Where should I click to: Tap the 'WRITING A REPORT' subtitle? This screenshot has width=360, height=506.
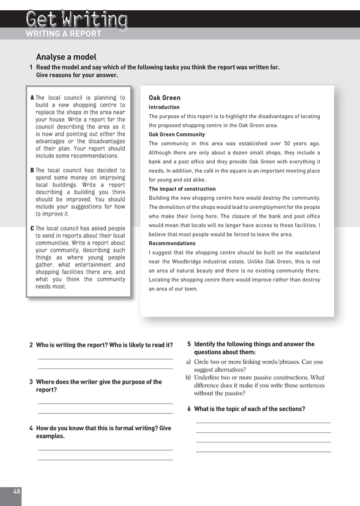64,34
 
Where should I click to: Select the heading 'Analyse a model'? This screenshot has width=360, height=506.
66,57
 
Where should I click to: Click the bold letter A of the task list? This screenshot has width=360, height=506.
32,98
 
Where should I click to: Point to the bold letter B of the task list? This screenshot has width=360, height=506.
32,170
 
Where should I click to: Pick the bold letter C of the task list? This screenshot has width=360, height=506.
32,229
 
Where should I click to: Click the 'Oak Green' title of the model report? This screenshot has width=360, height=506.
164,98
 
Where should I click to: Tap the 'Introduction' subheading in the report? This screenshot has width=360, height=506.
164,107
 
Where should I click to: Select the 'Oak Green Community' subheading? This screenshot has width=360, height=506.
176,134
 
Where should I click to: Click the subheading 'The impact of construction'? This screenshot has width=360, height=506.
182,189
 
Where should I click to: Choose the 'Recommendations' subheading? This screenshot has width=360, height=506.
172,244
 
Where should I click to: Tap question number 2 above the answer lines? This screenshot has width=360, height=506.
31,345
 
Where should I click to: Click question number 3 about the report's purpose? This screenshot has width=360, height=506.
31,382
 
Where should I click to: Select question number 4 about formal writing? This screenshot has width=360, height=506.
31,429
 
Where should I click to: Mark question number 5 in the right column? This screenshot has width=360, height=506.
189,345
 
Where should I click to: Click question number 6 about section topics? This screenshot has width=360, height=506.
189,409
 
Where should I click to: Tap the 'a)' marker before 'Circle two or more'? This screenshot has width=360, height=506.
188,362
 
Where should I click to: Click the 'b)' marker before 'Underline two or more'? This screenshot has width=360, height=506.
188,378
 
